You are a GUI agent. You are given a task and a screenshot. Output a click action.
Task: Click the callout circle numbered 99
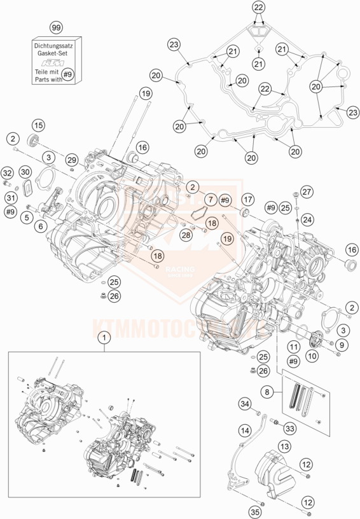[x=57, y=29]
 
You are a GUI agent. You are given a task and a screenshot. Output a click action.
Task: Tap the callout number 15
[x=38, y=125]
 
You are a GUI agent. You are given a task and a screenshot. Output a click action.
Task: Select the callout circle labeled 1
[x=102, y=340]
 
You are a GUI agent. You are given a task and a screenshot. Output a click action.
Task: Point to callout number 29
[x=72, y=158]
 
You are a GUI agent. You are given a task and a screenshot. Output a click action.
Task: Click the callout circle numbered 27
[x=307, y=191]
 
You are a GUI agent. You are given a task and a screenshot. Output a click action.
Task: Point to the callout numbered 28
[x=186, y=236]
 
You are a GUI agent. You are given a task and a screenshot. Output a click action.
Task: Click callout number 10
[x=312, y=357]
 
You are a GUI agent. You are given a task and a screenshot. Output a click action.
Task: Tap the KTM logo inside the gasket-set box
[x=57, y=66]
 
